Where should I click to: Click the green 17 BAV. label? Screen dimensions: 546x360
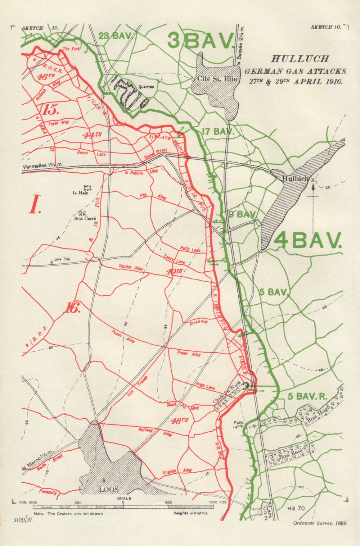[x=218, y=132]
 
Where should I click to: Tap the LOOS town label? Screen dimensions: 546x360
[x=109, y=490]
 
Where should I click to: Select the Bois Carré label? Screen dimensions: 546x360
[x=85, y=218]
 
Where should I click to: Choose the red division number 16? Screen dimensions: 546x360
[x=73, y=308]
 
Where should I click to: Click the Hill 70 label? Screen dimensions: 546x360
[x=296, y=508]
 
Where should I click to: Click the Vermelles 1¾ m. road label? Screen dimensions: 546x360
[x=42, y=166]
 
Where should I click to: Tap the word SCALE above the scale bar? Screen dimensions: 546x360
[x=124, y=499]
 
